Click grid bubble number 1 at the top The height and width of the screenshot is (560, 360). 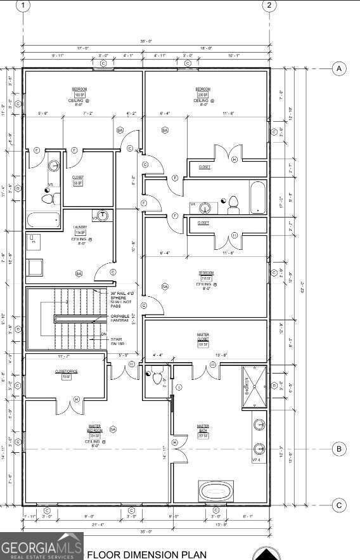23,6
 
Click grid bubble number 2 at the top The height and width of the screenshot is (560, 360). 269,6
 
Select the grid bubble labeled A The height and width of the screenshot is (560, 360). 339,68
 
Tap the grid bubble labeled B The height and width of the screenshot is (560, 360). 339,449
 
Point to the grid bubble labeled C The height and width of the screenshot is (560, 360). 339,505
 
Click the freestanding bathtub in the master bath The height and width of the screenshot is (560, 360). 217,491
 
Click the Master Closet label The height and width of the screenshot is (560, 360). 203,339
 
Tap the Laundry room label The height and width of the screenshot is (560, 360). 80,230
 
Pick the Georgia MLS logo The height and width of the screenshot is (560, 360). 41,546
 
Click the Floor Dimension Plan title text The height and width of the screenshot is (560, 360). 146,554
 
